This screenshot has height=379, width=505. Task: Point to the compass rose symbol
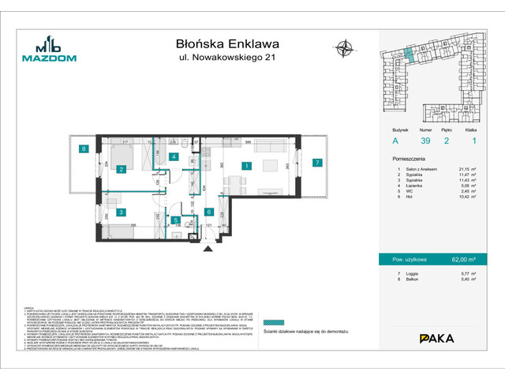pyautogui.click(x=344, y=48)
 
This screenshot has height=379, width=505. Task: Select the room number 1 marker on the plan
pyautogui.click(x=247, y=167)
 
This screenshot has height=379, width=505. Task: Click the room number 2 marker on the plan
pyautogui.click(x=122, y=169)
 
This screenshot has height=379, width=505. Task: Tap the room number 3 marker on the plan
pyautogui.click(x=122, y=212)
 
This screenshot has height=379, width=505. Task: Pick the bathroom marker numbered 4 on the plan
pyautogui.click(x=174, y=156)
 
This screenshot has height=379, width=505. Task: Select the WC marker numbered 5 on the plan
pyautogui.click(x=175, y=221)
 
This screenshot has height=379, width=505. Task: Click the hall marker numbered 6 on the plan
pyautogui.click(x=209, y=212)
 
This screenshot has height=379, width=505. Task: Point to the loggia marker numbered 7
pyautogui.click(x=316, y=163)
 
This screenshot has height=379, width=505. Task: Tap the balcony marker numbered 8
pyautogui.click(x=82, y=149)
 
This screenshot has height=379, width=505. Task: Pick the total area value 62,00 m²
pyautogui.click(x=469, y=257)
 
